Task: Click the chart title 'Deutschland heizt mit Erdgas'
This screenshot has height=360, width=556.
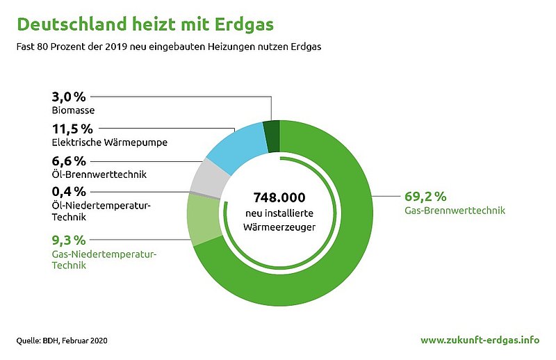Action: coord(145,25)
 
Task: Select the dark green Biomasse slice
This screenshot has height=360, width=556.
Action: coord(272,137)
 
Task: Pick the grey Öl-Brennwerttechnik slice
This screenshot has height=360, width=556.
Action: coord(210,177)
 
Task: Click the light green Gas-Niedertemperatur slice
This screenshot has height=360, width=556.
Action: coord(203,220)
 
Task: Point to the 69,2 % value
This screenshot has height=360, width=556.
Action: coord(425,196)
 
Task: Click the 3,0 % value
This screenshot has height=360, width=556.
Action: coord(69,97)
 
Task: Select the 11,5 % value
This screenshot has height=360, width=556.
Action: coord(72,129)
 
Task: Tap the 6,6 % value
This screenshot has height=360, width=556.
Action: coord(69,161)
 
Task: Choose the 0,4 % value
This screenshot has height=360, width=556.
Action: coord(69,192)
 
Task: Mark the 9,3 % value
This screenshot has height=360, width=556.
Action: coord(69,240)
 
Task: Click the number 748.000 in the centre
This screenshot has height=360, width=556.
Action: coord(279,197)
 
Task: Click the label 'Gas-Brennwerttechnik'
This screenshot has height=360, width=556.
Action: coord(455,211)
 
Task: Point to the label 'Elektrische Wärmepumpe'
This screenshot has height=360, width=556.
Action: coord(110,142)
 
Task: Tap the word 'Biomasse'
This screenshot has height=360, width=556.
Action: coord(74,111)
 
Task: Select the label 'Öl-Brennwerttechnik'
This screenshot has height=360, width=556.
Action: coord(99,174)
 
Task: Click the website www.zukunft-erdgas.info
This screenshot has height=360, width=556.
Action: coord(480,340)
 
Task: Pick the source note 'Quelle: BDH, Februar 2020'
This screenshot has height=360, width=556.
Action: coord(62,341)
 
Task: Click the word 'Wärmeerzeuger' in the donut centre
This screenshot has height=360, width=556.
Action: coord(279,227)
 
